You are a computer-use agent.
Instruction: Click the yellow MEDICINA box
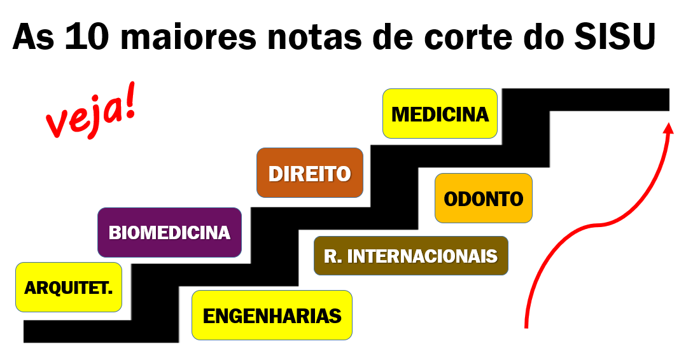(x=440, y=114)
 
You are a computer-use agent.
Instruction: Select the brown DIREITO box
(x=310, y=173)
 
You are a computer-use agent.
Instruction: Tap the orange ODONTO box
(x=484, y=198)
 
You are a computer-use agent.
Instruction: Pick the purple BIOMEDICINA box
(x=169, y=232)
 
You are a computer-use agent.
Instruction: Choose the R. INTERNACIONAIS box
(x=411, y=256)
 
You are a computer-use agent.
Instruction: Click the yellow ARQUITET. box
(x=69, y=287)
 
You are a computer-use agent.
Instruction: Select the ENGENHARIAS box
(x=272, y=315)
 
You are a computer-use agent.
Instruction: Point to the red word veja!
(x=91, y=111)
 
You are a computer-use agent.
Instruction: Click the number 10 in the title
(x=86, y=36)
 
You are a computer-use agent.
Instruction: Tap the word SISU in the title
(x=615, y=36)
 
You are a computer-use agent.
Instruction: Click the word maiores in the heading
(x=188, y=36)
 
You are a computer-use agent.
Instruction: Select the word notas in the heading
(x=314, y=37)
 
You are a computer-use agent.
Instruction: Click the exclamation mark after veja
(x=129, y=102)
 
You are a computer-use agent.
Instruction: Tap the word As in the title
(x=33, y=36)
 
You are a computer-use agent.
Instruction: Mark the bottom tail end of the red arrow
(x=526, y=327)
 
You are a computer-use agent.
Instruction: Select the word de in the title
(x=393, y=36)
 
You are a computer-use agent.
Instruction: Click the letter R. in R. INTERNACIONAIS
(x=332, y=256)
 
